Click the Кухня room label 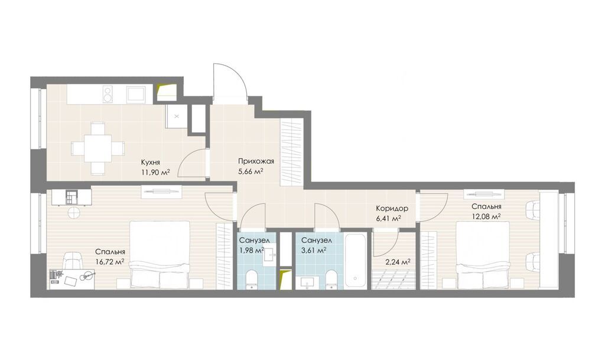[x=151, y=163]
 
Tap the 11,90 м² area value [x=156, y=173]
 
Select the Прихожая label [x=256, y=161]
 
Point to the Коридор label [x=392, y=209]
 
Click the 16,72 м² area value [x=110, y=261]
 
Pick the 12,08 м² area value [x=487, y=216]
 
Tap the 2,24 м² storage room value [x=398, y=261]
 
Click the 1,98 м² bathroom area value [x=252, y=250]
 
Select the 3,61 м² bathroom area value [x=314, y=250]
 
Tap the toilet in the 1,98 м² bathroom [x=252, y=279]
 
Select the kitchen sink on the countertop [x=136, y=94]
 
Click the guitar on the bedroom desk [x=88, y=276]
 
